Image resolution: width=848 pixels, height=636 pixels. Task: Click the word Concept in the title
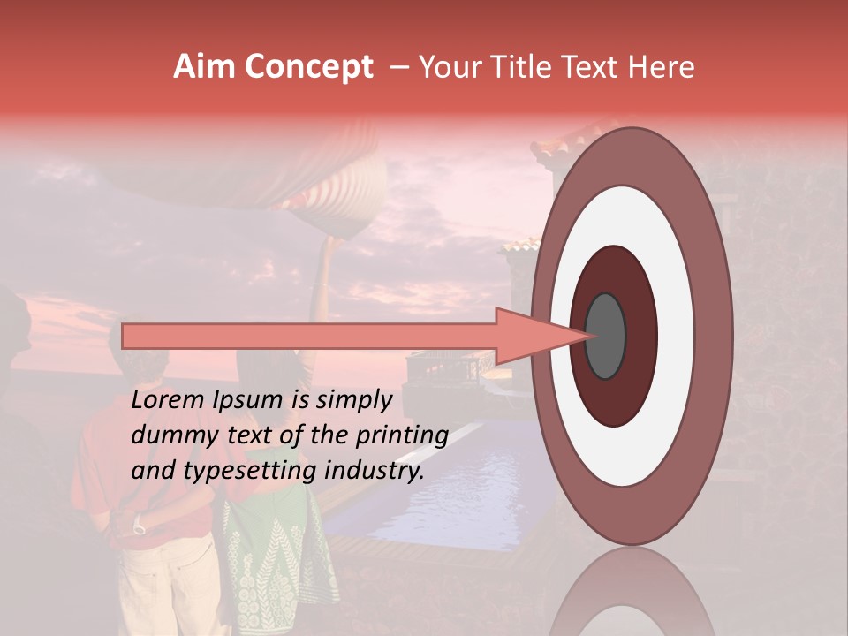coord(309,67)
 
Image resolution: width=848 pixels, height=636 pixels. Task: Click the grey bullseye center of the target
coord(605,336)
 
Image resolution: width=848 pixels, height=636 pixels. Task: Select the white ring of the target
coord(675,336)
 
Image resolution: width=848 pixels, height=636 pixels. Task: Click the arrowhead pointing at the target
coord(530,336)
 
